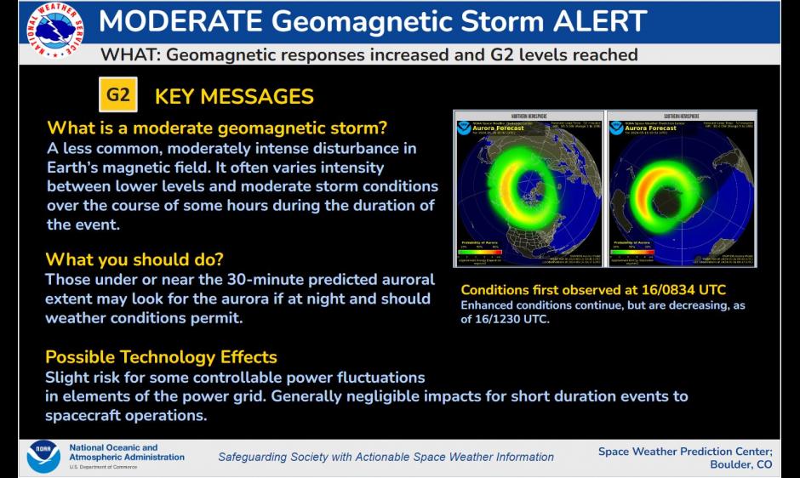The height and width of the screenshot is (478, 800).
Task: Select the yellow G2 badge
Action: coord(117,95)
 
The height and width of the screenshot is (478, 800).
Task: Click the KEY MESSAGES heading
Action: coord(234,96)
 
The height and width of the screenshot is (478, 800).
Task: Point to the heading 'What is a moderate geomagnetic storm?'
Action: coord(217,128)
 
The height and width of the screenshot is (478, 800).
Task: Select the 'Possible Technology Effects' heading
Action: coord(161,356)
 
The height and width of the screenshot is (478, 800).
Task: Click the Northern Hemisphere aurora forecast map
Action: coord(528,189)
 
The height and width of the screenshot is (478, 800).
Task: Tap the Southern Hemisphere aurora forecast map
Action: coord(681,189)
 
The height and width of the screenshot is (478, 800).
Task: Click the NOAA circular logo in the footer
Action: coord(43,457)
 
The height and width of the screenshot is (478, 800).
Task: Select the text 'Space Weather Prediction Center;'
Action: coord(684,451)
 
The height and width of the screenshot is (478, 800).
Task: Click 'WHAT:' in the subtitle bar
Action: coord(129,54)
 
